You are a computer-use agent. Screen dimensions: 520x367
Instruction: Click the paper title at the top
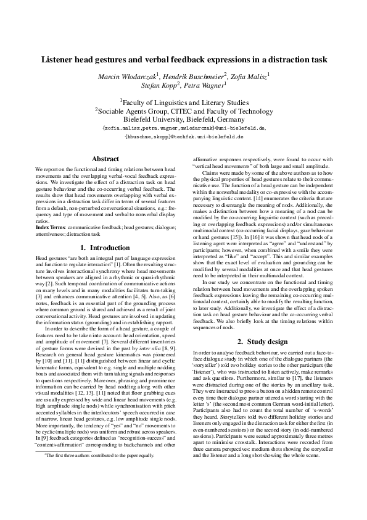pos(184,60)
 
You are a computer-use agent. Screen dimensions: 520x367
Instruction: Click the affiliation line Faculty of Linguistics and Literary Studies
pos(184,101)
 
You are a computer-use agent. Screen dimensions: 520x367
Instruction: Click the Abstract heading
pos(105,159)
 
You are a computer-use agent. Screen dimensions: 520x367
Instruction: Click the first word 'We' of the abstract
pos(39,169)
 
